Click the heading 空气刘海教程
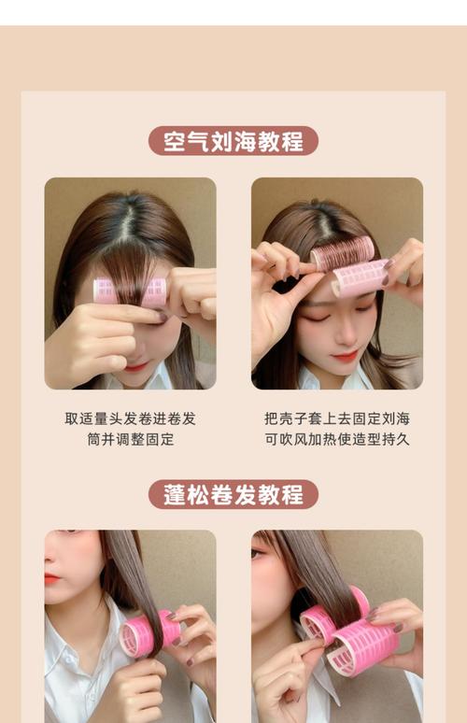pos(233,141)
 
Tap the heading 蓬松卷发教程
pos(233,494)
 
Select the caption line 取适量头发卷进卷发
pos(130,418)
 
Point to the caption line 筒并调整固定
pos(130,439)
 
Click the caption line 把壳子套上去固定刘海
pos(337,418)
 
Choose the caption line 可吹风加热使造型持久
pos(337,439)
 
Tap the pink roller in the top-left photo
pos(130,291)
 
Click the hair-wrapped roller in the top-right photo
pos(342,253)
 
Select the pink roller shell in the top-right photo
pos(361,277)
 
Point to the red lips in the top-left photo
pos(136,367)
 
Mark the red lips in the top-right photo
pos(345,356)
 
